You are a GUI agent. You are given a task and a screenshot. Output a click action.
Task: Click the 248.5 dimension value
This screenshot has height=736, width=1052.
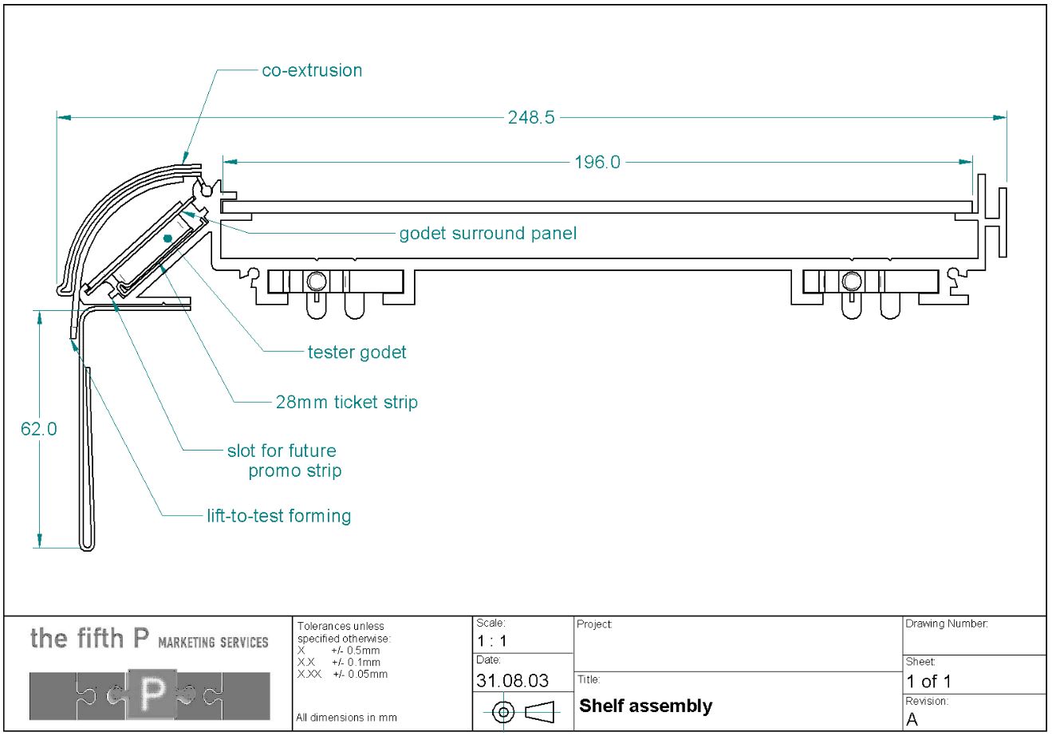click(530, 118)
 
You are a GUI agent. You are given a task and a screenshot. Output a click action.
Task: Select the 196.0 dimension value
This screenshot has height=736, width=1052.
click(597, 163)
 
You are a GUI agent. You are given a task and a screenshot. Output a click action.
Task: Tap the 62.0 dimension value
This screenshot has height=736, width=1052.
click(38, 429)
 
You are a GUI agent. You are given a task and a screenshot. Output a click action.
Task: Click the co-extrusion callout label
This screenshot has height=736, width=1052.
click(312, 70)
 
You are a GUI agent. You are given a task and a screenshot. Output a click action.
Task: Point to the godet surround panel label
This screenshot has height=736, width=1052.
click(487, 234)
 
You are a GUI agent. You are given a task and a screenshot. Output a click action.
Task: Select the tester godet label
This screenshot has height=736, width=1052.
click(357, 352)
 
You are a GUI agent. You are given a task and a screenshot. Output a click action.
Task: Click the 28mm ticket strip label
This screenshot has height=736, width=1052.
click(346, 402)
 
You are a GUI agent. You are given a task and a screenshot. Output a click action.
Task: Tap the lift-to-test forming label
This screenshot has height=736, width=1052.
click(278, 516)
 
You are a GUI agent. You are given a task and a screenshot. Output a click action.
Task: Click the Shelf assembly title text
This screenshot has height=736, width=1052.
click(645, 706)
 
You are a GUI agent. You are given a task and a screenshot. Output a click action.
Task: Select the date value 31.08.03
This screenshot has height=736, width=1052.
click(512, 681)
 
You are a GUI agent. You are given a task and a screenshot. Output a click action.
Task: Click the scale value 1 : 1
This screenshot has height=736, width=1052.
click(491, 641)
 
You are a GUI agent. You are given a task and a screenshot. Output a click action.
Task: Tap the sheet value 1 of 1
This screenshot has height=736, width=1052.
click(928, 682)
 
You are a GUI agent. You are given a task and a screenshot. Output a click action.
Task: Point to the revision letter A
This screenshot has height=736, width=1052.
click(912, 719)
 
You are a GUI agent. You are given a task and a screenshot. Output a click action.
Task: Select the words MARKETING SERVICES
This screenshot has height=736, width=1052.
click(213, 643)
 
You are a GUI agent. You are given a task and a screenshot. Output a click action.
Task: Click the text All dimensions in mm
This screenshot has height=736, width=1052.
click(346, 718)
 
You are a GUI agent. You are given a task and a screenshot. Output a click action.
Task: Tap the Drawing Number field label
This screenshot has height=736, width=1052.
click(946, 624)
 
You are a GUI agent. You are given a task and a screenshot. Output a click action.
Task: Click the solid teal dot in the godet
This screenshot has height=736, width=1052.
click(167, 238)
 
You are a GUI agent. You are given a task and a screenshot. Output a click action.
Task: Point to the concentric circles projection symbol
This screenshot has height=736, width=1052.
click(502, 711)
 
